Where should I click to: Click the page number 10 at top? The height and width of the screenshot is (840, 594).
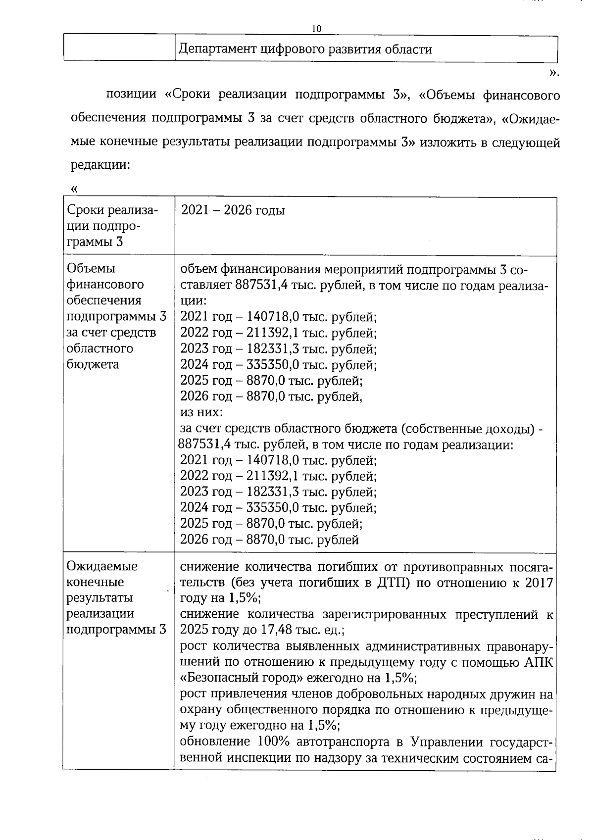pyautogui.click(x=316, y=29)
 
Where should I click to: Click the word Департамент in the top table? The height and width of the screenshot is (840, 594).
pyautogui.click(x=218, y=49)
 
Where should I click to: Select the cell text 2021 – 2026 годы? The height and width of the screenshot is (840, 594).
pyautogui.click(x=233, y=210)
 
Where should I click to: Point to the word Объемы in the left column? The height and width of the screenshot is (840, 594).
pyautogui.click(x=91, y=269)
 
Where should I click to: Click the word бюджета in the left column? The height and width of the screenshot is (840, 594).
pyautogui.click(x=92, y=365)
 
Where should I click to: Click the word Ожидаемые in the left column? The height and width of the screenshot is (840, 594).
pyautogui.click(x=102, y=566)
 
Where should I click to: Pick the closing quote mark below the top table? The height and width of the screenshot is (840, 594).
pyautogui.click(x=554, y=73)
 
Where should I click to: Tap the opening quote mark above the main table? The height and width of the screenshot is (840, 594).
pyautogui.click(x=75, y=189)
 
